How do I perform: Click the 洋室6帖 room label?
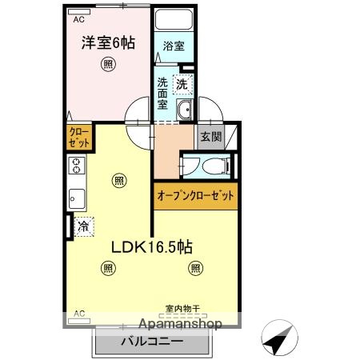pos(107,44)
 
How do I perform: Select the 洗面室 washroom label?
pos(162,93)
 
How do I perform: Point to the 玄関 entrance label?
pos(210,136)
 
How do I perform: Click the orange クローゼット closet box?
pos(78,136)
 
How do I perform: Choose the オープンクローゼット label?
pos(196,194)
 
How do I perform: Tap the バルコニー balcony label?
pos(153,341)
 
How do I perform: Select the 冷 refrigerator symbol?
pos(83,226)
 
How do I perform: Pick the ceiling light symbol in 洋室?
pos(106,65)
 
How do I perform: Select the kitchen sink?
pos(77,197)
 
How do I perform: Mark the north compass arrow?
pos(278,342)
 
